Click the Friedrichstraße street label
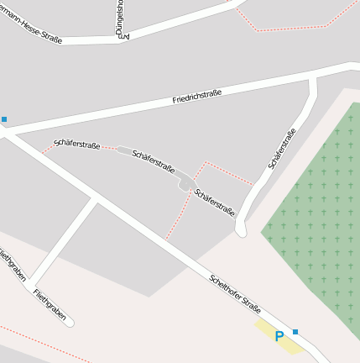(197, 97)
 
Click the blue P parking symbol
(279, 336)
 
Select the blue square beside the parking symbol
(295, 332)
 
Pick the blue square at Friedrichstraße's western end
(4, 119)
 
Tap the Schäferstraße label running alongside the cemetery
(282, 148)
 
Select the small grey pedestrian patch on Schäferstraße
(184, 184)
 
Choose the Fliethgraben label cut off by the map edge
(11, 264)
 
